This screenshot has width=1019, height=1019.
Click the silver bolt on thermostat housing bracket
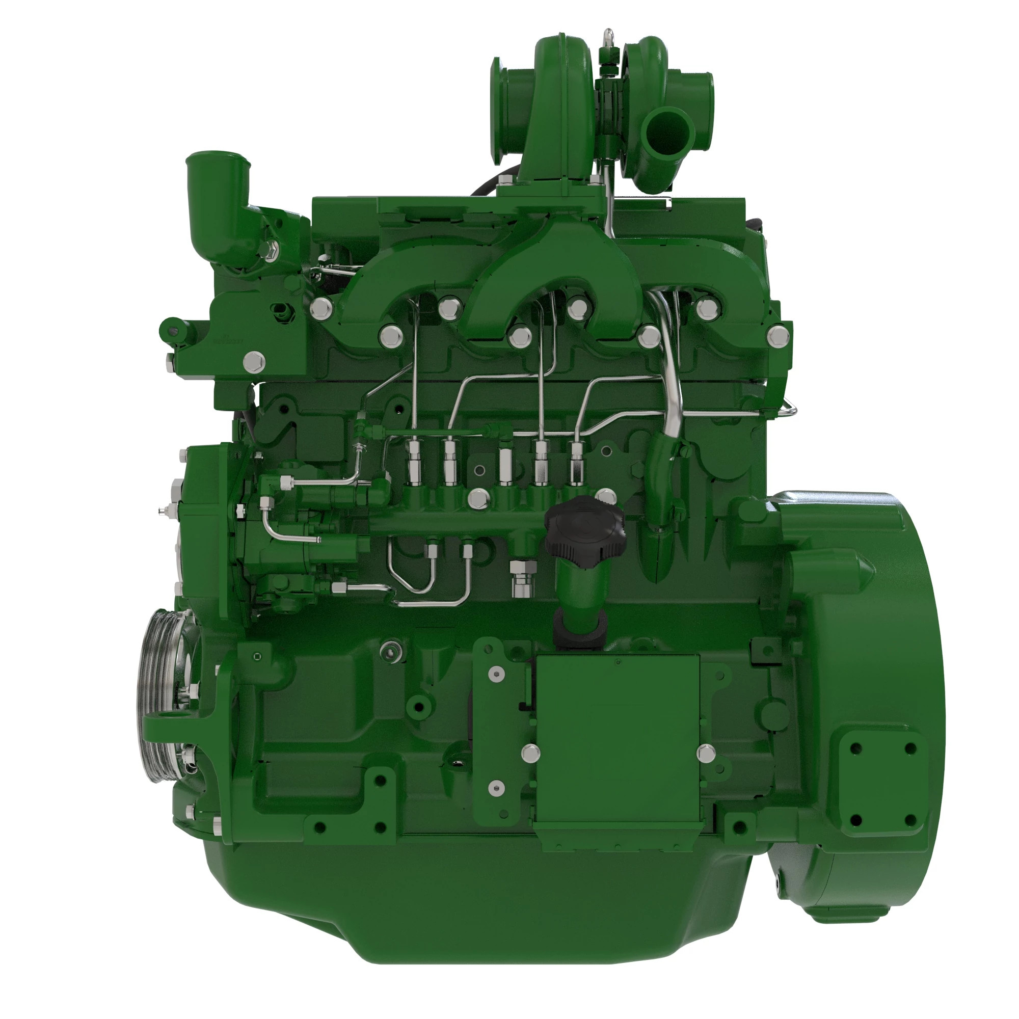255,362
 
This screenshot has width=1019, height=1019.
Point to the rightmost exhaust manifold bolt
778,336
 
